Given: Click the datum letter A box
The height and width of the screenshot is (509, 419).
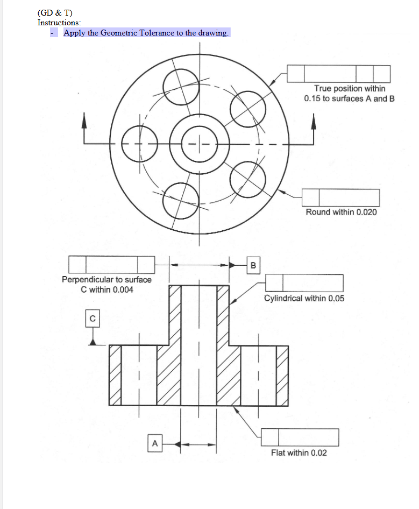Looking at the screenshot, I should (x=155, y=444).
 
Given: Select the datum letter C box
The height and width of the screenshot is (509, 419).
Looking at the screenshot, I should (x=93, y=319).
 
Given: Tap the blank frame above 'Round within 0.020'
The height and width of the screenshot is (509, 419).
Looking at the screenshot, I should (x=340, y=197).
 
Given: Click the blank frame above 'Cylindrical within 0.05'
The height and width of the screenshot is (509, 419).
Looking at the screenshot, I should (x=304, y=283).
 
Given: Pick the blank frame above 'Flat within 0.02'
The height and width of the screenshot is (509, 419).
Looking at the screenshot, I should (x=300, y=437).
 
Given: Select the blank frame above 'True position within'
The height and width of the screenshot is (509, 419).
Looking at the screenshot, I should (x=339, y=74).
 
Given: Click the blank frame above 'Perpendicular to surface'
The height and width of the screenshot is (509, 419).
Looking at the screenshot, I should (x=112, y=265).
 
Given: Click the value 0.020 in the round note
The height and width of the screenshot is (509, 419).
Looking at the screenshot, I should (x=366, y=212).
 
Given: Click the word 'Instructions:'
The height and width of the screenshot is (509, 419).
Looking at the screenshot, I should (x=59, y=23).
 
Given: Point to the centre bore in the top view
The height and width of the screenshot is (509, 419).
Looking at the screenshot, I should (x=200, y=144).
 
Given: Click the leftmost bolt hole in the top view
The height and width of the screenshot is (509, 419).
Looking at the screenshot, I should (x=139, y=144).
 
